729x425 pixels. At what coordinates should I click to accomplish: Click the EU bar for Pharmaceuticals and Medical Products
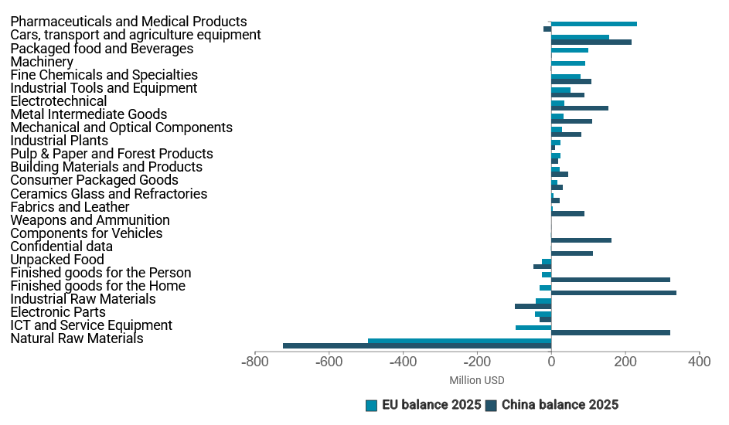[594, 24]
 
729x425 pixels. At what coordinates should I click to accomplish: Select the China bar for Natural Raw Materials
[417, 345]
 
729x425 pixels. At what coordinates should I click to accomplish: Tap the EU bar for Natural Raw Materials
[459, 340]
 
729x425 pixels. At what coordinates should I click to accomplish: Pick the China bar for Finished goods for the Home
[614, 293]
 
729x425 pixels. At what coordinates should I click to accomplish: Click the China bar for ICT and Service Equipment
[611, 332]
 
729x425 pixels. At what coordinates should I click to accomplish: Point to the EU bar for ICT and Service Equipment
[533, 327]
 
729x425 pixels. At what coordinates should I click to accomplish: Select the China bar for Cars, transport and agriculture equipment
[591, 42]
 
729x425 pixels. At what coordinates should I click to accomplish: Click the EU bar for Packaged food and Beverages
[570, 50]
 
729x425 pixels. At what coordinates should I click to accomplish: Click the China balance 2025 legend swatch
[491, 405]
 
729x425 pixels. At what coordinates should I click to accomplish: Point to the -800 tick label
[254, 362]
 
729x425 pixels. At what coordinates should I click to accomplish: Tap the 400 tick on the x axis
[699, 362]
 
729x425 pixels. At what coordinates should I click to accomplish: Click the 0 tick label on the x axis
[551, 362]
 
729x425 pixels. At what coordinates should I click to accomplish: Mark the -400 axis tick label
[403, 362]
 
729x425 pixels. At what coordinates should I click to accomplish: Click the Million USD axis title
[476, 380]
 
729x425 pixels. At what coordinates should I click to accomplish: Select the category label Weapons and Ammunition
[90, 220]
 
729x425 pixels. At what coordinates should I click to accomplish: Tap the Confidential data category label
[61, 246]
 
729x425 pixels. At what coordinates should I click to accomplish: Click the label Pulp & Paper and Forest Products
[111, 154]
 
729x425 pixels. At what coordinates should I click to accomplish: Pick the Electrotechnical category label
[59, 101]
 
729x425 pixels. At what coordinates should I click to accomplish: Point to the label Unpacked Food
[57, 260]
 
